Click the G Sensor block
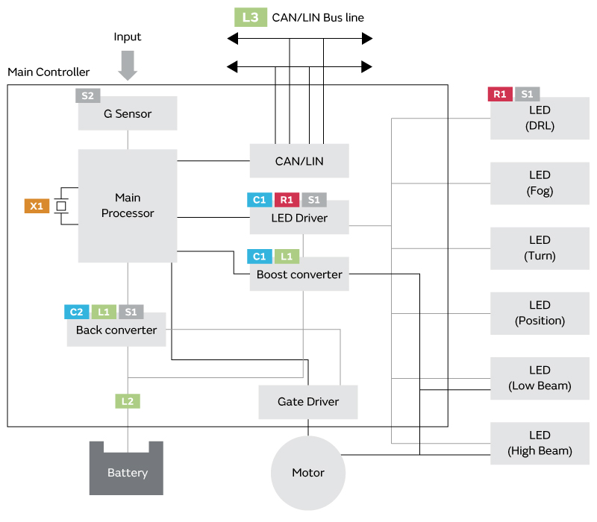(x=128, y=114)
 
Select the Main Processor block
(x=128, y=206)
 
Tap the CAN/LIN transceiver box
(x=299, y=161)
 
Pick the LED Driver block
(x=299, y=218)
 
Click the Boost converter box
(x=299, y=274)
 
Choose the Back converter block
(x=116, y=330)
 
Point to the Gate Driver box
(x=308, y=402)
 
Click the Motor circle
(x=308, y=473)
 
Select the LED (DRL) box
(x=540, y=118)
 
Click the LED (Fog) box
(x=540, y=183)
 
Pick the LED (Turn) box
(x=540, y=248)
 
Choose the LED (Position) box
(x=540, y=313)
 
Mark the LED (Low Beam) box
(x=540, y=378)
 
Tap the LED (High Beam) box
(x=540, y=443)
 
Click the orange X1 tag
(x=37, y=206)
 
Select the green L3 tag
(x=250, y=17)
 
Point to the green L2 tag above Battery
(x=128, y=401)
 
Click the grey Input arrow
(x=128, y=65)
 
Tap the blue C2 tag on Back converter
(x=77, y=312)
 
